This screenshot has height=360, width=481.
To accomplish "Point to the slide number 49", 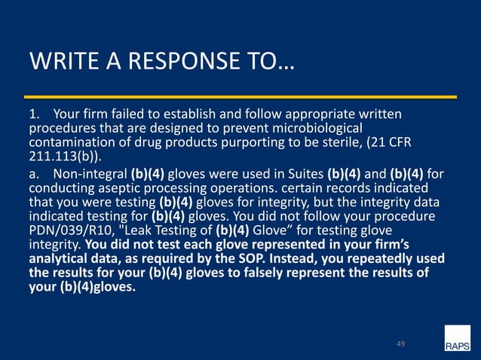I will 401,344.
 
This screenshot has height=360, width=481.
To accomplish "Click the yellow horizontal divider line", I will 241,97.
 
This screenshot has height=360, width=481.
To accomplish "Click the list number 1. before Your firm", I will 33,114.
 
